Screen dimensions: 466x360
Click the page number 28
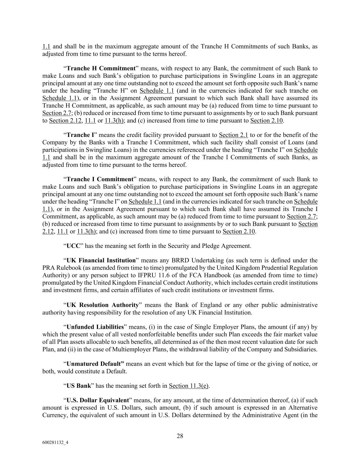pyautogui.click(x=180, y=436)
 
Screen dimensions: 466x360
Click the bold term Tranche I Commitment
pyautogui.click(x=100, y=179)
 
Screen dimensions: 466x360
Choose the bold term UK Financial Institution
pyautogui.click(x=101, y=260)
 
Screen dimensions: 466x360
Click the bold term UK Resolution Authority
pyautogui.click(x=102, y=305)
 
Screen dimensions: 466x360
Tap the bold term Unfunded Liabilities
pyautogui.click(x=95, y=327)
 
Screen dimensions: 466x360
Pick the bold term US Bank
pyautogui.click(x=78, y=386)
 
